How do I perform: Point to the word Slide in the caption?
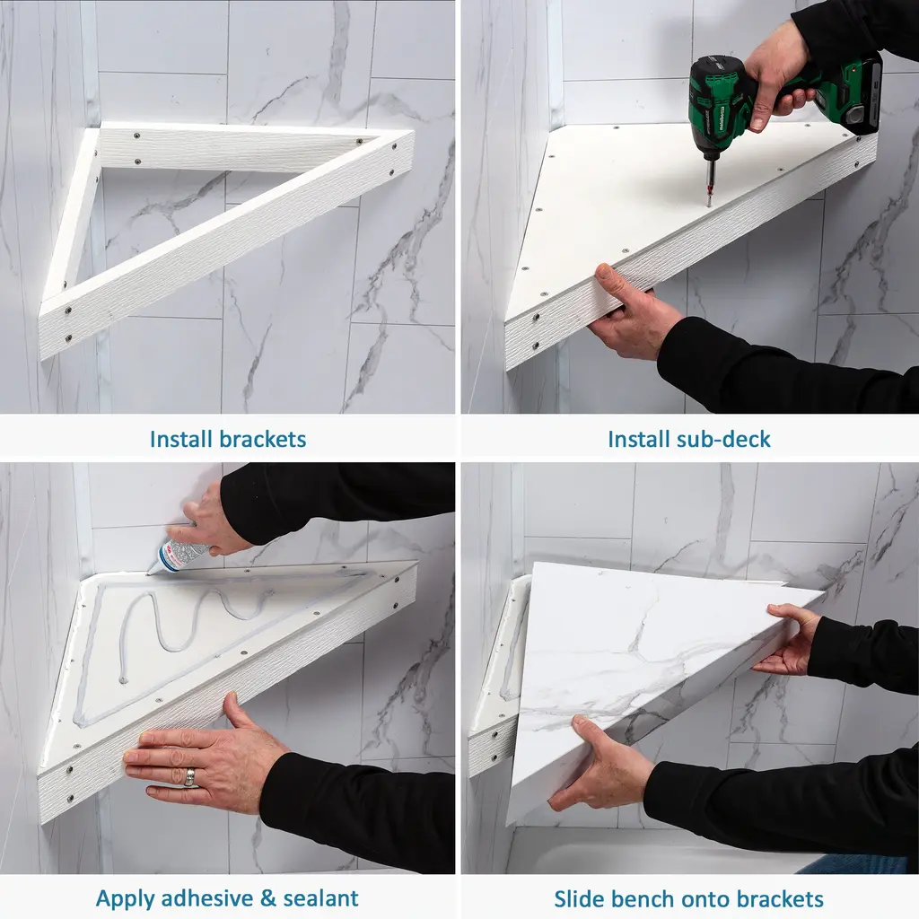click(577, 898)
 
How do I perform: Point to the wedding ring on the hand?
click(190, 777)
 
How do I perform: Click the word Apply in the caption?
click(125, 898)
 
